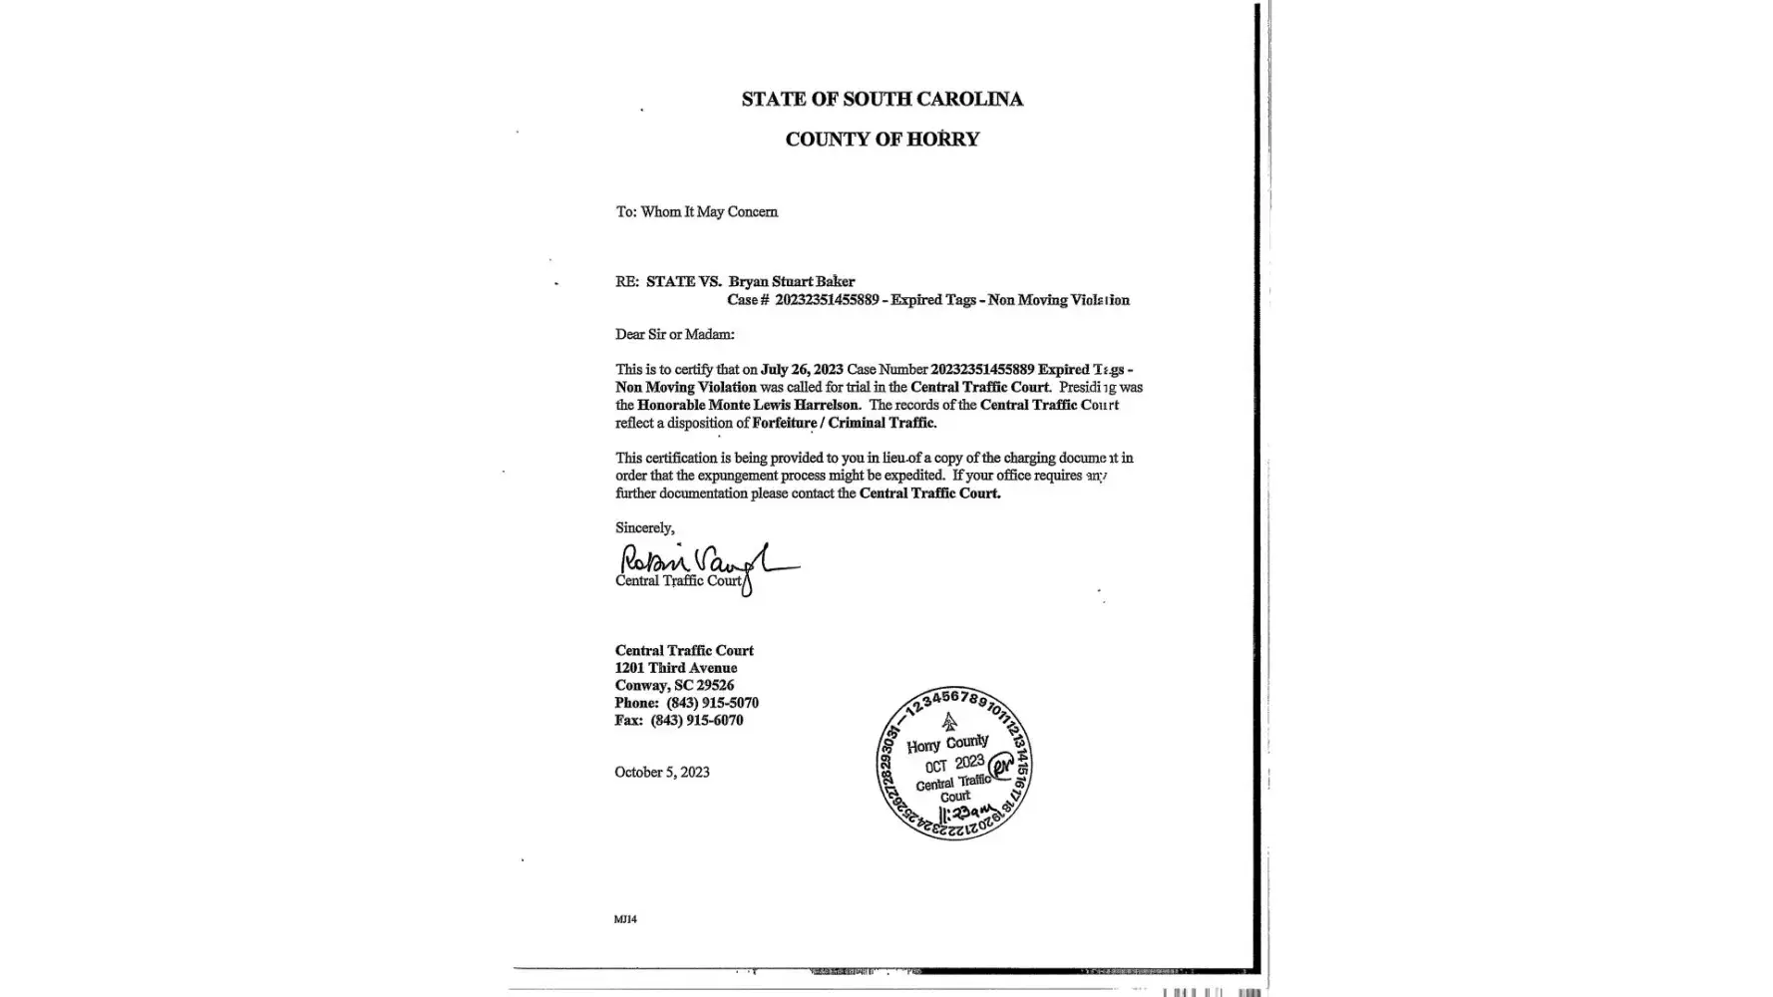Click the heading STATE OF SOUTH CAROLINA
(882, 99)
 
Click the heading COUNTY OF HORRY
(882, 140)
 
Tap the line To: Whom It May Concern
(696, 211)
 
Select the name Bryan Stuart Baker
(791, 281)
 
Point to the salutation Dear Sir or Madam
(674, 334)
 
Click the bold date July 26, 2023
(802, 369)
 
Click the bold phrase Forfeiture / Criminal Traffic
(844, 423)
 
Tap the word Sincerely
(644, 527)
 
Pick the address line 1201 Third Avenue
(675, 668)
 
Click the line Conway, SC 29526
(674, 685)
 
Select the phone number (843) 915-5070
(712, 703)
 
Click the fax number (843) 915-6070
(696, 720)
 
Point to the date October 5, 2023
(662, 772)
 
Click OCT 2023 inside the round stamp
(954, 765)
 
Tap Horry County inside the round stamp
(947, 744)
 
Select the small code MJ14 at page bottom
(625, 919)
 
